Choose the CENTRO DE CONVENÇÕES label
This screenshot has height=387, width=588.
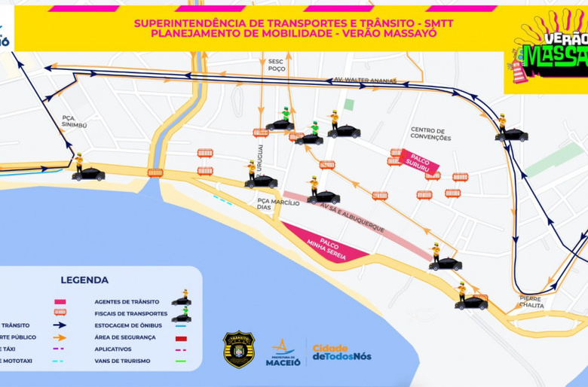[x=430, y=134]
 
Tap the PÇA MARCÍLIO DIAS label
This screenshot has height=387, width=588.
[x=272, y=205]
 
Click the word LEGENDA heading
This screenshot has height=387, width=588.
[x=84, y=280]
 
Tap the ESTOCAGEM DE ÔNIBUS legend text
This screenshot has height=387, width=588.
[x=140, y=325]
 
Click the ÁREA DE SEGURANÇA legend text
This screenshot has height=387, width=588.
[x=136, y=337]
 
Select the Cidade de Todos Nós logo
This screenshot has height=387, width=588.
[x=341, y=352]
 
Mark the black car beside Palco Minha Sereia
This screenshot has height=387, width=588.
[x=446, y=264]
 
